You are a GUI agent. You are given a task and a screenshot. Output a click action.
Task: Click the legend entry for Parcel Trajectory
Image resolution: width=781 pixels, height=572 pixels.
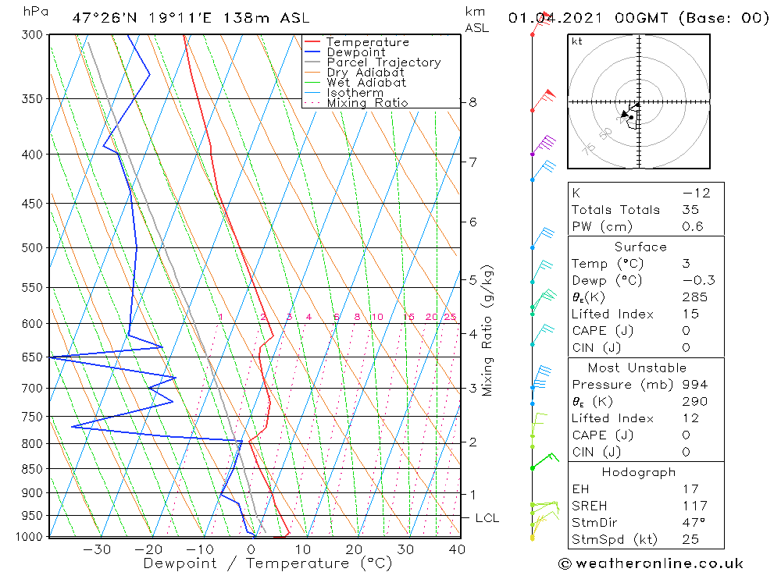(x=383, y=62)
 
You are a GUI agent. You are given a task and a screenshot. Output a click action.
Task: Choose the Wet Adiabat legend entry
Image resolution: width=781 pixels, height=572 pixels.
(x=366, y=83)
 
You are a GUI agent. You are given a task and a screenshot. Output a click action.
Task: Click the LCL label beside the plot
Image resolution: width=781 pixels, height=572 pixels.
(x=487, y=518)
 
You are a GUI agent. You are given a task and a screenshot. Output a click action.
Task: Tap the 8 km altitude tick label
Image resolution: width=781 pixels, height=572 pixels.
(x=473, y=102)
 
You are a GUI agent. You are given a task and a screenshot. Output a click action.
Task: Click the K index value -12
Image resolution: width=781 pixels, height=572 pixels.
(x=692, y=193)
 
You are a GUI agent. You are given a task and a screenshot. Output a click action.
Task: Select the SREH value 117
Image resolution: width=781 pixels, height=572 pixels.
(x=694, y=506)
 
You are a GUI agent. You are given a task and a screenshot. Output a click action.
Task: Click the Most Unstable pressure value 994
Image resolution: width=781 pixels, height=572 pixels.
(x=694, y=385)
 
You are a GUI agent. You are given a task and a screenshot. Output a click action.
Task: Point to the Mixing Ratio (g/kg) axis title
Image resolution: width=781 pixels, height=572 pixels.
(x=488, y=330)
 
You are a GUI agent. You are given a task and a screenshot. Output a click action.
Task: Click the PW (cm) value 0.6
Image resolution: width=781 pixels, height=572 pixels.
(x=692, y=227)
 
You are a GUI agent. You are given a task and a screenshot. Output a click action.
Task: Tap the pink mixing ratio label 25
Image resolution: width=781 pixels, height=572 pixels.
(x=450, y=317)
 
